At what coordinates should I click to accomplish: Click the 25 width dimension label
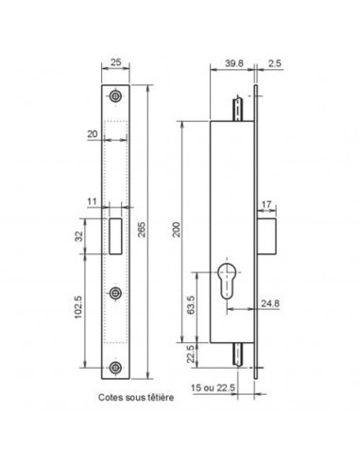pos(116,62)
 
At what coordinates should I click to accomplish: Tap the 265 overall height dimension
pos(142,230)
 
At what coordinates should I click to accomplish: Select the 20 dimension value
pos(93,134)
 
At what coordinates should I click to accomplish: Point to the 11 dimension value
pos(93,201)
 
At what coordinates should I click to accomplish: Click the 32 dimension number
pos(79,236)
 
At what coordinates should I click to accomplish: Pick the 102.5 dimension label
pos(77,307)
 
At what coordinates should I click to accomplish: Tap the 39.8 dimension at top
pos(234,63)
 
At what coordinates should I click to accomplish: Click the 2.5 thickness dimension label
pos(275,63)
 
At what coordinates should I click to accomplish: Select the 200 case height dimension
pos(177,230)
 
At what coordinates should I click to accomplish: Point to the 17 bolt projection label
pos(266,204)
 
